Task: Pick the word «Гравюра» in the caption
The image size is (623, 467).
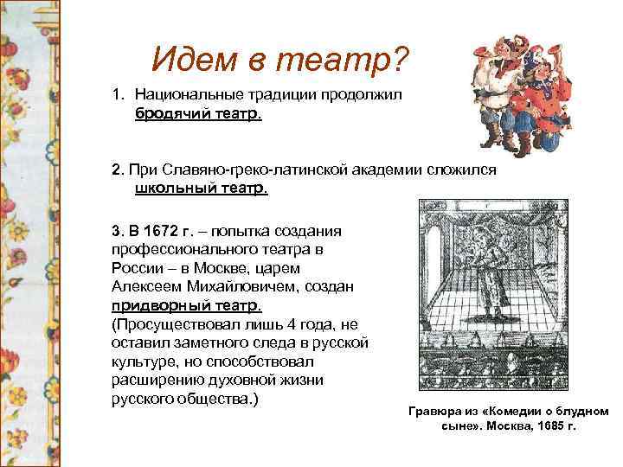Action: [x=434, y=412]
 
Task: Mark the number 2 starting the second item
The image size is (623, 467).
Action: [x=115, y=170]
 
